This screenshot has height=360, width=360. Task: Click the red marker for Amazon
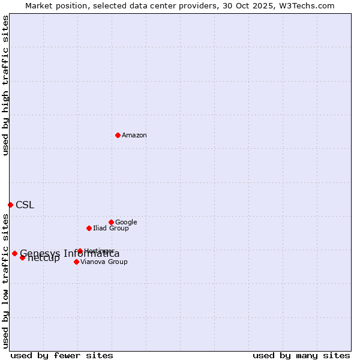[x=118, y=135]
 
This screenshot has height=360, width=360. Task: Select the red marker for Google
[x=111, y=222]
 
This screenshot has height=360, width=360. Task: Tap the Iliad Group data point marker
[x=89, y=228]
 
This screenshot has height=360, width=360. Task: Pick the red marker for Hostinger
[x=80, y=251]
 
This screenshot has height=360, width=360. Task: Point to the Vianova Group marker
[x=76, y=262]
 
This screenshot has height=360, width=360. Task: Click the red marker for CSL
[x=10, y=205]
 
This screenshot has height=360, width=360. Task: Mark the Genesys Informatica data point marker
[x=14, y=253]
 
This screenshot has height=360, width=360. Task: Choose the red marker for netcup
[x=22, y=257]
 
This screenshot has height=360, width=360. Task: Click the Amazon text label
[x=134, y=136]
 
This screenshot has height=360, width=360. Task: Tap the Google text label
[x=126, y=222]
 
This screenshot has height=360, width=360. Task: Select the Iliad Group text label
[x=111, y=228]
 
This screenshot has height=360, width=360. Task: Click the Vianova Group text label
[x=104, y=262]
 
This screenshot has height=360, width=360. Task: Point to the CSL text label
[x=25, y=205]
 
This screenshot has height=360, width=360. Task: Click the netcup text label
[x=44, y=259]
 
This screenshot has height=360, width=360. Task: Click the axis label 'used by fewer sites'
[x=62, y=355]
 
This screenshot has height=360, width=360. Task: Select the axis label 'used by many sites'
[x=301, y=355]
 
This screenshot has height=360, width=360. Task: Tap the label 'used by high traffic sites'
[x=5, y=85]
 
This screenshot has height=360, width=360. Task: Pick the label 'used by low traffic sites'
[x=5, y=281]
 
